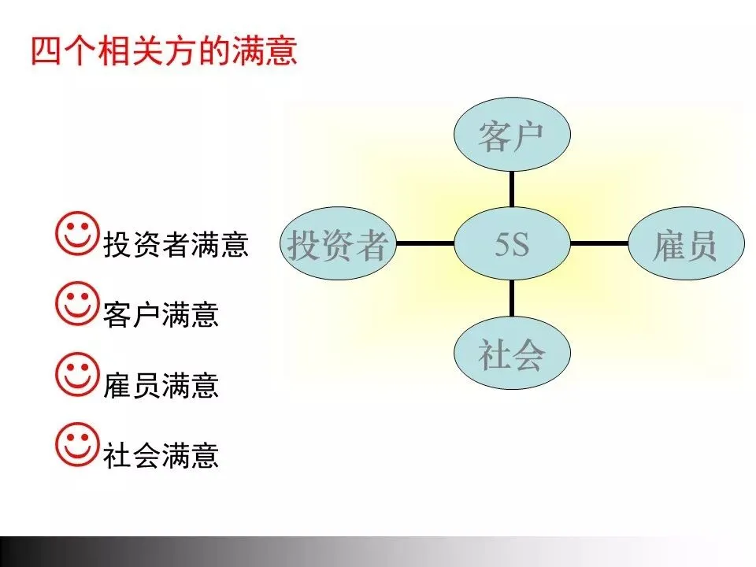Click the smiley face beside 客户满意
point(78,304)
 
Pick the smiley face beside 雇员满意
point(78,373)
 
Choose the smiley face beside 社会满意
point(78,443)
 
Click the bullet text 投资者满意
point(176,245)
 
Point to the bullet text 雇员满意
point(161,385)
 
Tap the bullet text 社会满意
point(161,455)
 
